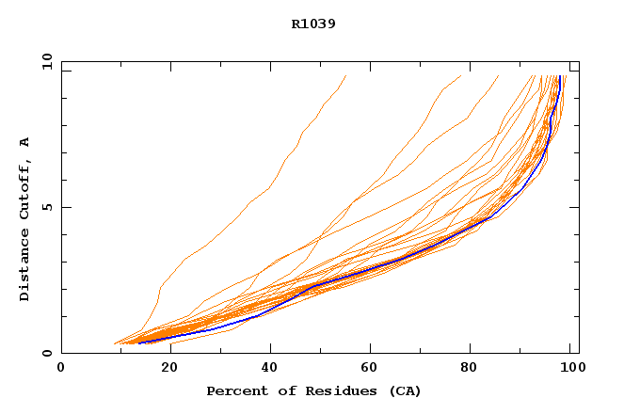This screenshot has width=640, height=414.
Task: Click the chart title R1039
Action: [313, 24]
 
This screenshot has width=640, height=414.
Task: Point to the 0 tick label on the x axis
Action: [61, 369]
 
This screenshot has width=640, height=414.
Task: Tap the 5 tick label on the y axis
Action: [47, 207]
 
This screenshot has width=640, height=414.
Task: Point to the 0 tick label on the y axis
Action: [47, 353]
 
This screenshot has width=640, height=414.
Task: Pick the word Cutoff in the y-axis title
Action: [24, 186]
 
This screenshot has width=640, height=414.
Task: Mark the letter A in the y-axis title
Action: [24, 142]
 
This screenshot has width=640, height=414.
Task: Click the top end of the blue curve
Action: [559, 76]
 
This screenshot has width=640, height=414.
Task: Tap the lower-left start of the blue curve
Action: [139, 342]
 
